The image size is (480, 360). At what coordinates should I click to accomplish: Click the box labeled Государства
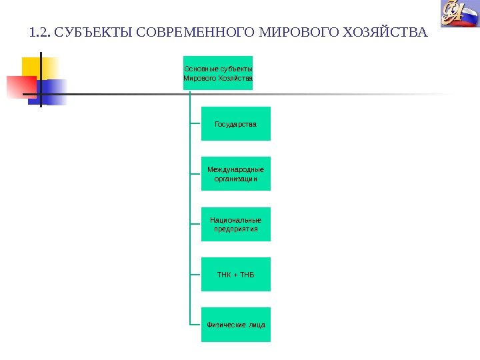[x=236, y=124]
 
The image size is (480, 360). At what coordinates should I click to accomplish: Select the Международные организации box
[x=236, y=174]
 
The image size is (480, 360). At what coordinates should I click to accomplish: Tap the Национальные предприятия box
[x=236, y=224]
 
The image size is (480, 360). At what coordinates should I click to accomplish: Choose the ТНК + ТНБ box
[x=236, y=274]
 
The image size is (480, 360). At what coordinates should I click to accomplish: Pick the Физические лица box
[x=236, y=325]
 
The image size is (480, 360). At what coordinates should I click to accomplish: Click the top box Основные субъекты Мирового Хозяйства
[x=218, y=73]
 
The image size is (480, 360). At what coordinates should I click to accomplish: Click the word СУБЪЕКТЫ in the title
[x=89, y=32]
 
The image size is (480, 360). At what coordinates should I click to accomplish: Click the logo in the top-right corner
[x=458, y=15]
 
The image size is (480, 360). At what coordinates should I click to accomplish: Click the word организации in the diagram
[x=236, y=179]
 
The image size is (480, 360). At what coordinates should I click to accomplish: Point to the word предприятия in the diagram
[x=236, y=229]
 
